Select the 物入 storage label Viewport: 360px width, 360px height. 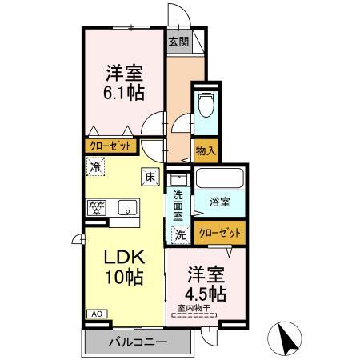(205, 150)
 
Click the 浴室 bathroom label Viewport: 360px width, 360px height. (220, 202)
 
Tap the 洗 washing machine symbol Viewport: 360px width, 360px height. (180, 235)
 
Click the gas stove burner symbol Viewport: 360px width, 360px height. (97, 207)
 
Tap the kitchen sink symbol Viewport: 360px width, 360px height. (127, 208)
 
